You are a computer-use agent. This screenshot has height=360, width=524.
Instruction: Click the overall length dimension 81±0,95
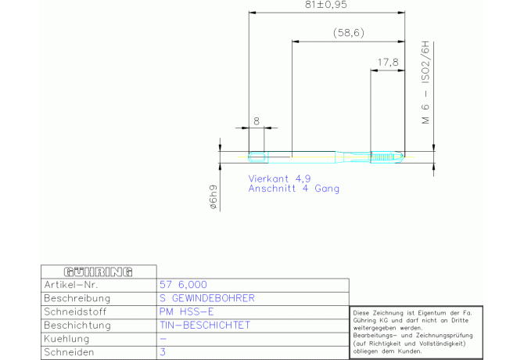pos(326,5)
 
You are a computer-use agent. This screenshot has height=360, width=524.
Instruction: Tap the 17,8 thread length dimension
pos(388,62)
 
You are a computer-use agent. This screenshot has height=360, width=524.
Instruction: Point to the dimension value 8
pos(257,121)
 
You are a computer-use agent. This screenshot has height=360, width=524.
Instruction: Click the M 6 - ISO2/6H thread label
pos(425,82)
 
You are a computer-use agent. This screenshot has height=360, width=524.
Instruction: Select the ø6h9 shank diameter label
pos(213,197)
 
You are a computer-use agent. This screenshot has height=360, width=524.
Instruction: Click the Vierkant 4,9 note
pos(279,178)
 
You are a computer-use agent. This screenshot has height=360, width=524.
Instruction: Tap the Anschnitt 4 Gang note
pos(294,189)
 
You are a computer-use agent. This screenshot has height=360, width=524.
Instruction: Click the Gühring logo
pos(99,272)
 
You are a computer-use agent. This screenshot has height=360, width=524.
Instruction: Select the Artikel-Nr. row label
pos(71,285)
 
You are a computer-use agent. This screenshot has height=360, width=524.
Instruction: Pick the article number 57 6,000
pos(183,285)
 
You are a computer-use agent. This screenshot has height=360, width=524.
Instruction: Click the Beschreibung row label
pos(77,298)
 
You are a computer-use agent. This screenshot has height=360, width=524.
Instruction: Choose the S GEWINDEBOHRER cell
pos(206,298)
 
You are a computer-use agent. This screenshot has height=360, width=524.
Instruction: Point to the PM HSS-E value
pos(186,311)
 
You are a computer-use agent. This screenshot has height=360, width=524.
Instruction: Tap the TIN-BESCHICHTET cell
pos(205,325)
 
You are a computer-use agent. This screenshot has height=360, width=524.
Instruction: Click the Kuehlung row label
pos(66,339)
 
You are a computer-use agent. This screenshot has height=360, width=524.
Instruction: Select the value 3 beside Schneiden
pos(163,352)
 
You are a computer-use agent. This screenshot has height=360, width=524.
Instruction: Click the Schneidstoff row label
pos(75,311)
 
